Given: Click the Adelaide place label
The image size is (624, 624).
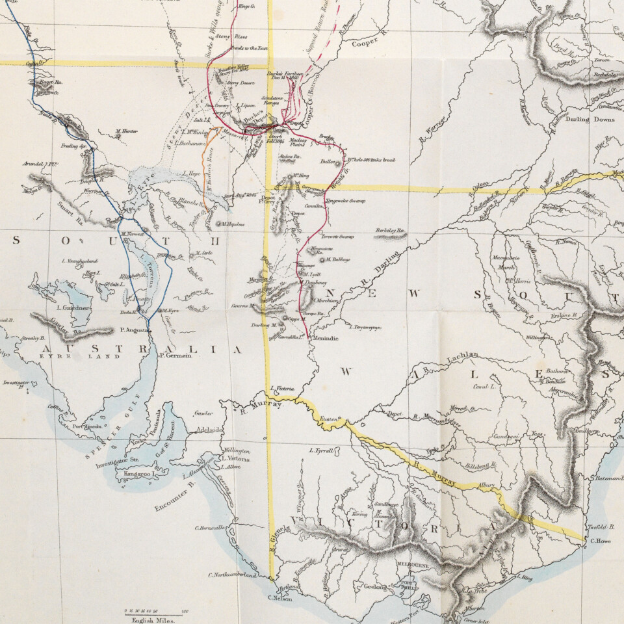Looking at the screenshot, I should click(209, 430).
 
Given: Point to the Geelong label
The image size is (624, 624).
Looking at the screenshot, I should click(375, 586).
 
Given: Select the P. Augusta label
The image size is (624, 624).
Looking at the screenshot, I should click(135, 330).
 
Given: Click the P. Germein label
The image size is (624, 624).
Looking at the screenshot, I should click(175, 356).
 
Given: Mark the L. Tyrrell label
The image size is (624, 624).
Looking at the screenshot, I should click(322, 450).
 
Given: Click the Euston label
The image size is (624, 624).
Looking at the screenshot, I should click(329, 421).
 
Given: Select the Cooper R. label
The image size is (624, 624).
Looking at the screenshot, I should click(369, 44).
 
